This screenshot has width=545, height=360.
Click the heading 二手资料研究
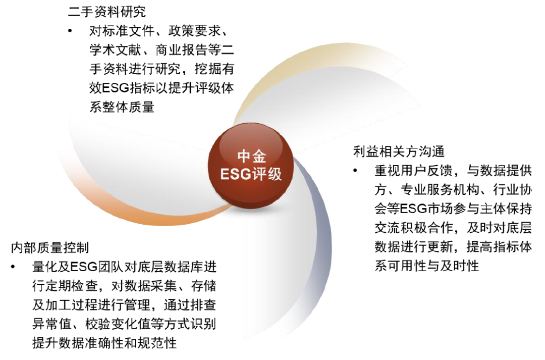[x=106, y=11]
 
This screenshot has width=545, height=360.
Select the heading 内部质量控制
[x=50, y=247]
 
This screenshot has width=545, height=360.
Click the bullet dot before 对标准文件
[x=70, y=31]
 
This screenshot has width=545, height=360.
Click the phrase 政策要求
[x=201, y=31]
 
